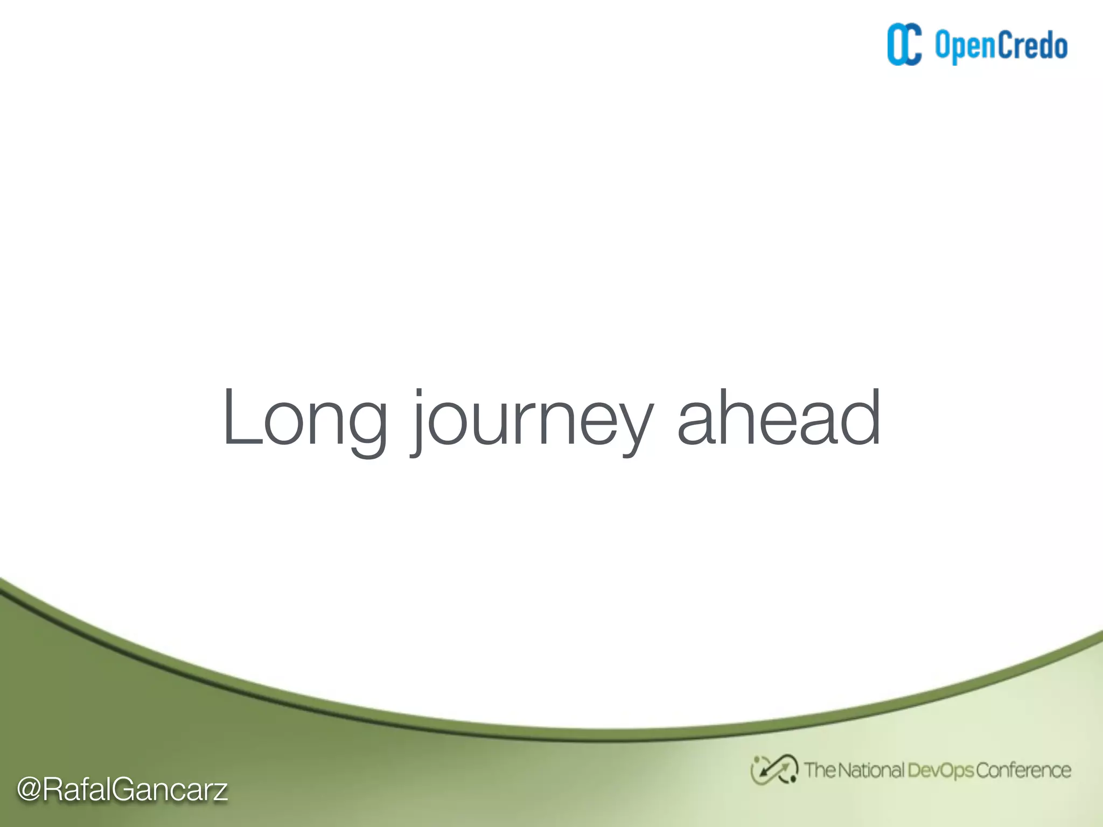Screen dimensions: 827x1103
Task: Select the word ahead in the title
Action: tap(779, 417)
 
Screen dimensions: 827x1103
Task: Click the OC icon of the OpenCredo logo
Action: tap(904, 45)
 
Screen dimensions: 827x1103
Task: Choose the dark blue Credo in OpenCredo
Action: tap(1032, 46)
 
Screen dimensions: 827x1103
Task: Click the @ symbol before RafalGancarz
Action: tap(29, 790)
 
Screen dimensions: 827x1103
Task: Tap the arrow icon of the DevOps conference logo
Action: tap(774, 770)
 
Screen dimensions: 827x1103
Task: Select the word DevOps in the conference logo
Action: tap(940, 770)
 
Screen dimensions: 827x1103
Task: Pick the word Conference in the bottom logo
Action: tap(1023, 770)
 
